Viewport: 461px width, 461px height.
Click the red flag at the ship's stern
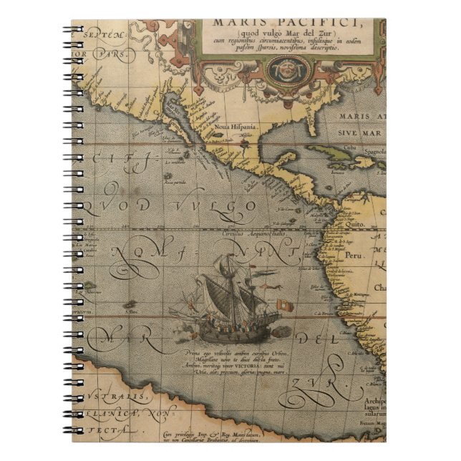(286, 304)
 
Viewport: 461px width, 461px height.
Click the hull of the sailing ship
(229, 331)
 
